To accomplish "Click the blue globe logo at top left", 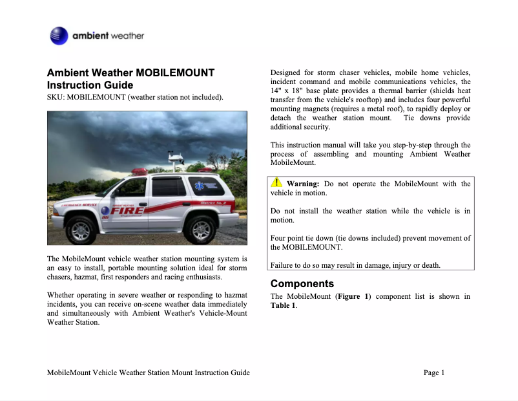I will tap(59, 35).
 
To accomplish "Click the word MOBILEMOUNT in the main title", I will tap(176, 72).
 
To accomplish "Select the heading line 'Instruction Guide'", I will tap(90, 85).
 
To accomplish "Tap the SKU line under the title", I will tap(135, 98).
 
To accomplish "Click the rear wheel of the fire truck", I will tap(200, 228).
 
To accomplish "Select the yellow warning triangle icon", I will tap(276, 183).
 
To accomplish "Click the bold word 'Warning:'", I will tap(303, 184).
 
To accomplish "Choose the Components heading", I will tap(302, 283).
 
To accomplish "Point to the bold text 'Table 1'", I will tap(284, 305).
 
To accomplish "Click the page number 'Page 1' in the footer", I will tap(434, 373).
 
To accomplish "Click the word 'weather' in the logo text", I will tap(127, 36).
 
